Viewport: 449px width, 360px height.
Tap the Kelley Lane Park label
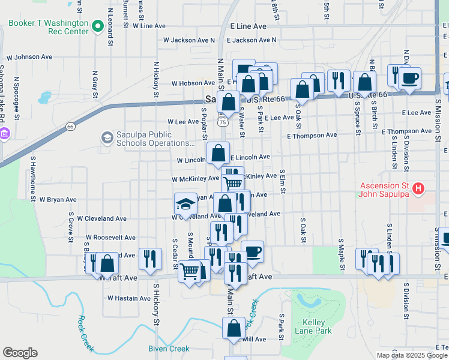pos(313,326)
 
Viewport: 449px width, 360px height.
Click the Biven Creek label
pos(169,349)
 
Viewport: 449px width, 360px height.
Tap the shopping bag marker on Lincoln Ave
pos(218,154)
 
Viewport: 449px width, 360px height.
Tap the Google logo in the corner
pos(20,353)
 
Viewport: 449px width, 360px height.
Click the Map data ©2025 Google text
pos(412,355)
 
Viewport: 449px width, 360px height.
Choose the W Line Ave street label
pos(149,26)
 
